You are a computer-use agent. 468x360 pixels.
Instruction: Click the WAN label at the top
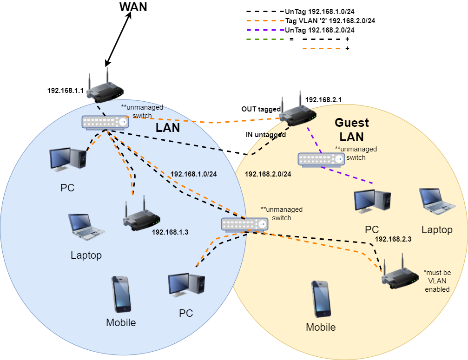[133, 7]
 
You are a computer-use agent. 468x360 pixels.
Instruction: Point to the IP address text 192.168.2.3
[393, 239]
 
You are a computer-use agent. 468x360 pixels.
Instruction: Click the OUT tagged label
[261, 109]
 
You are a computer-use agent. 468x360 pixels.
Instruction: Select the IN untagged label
[266, 134]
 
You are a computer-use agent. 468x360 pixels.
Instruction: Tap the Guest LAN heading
[352, 130]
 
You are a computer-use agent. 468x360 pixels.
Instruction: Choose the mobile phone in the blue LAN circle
[121, 295]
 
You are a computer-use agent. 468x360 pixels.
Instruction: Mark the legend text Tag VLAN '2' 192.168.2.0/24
[330, 20]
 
